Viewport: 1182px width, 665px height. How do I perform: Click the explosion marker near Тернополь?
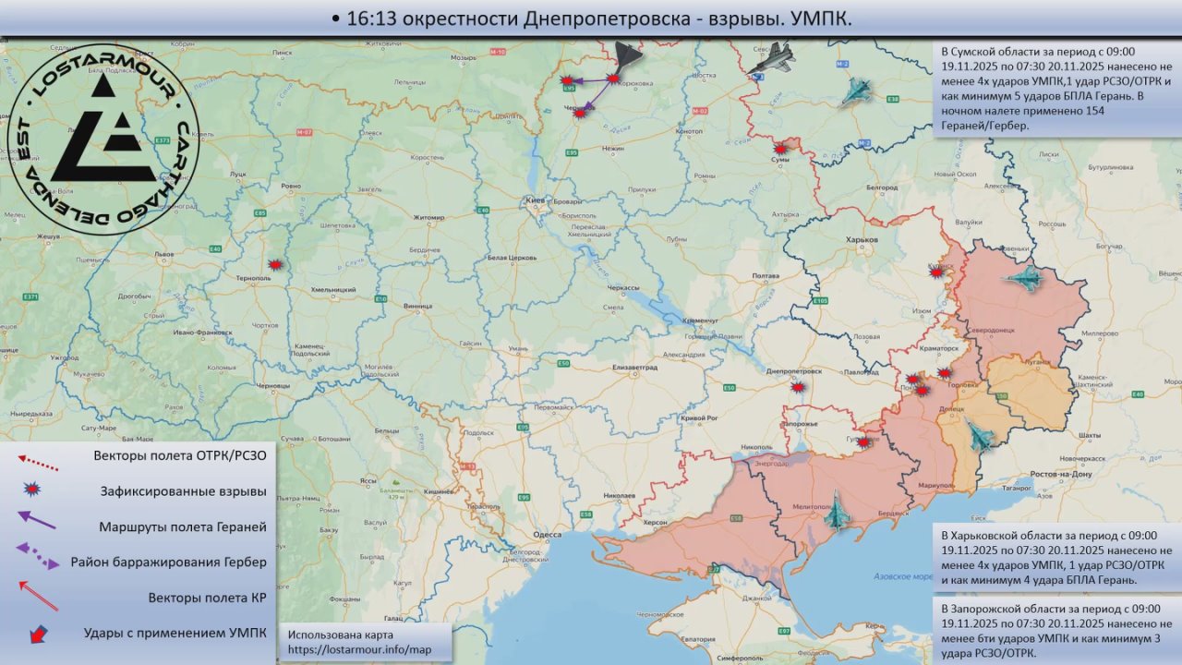tap(273, 265)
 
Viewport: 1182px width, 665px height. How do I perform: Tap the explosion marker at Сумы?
tap(781, 148)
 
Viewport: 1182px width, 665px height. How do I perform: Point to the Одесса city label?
tap(547, 534)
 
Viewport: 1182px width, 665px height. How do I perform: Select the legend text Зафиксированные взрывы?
tap(183, 491)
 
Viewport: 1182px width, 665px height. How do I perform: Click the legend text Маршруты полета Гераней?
tap(182, 526)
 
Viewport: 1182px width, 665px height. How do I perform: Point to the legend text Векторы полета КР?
tap(207, 598)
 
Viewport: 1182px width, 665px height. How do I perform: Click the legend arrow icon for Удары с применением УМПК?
tap(39, 635)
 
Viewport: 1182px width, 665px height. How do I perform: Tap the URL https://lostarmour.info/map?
tap(360, 650)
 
